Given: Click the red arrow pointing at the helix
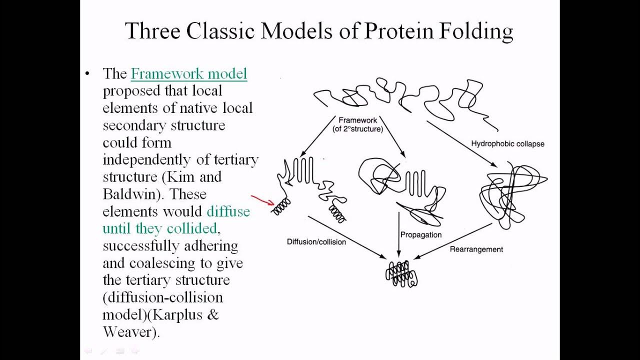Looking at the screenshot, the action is (x=262, y=200).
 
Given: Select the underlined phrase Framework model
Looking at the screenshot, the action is (x=189, y=74).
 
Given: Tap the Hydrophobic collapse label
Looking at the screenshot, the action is (x=507, y=143).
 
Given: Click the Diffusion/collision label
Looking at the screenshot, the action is (x=316, y=242).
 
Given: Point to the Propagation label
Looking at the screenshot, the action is (x=421, y=234).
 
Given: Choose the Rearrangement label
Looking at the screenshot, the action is (x=476, y=249).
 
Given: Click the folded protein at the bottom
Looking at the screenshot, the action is (x=401, y=274).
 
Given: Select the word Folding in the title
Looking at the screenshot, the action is (x=476, y=31).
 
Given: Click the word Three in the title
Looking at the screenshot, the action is (x=152, y=31).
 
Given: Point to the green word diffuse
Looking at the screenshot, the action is (x=228, y=211).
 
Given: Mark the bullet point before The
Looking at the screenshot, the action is (x=88, y=74).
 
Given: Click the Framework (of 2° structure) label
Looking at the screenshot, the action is (x=358, y=124).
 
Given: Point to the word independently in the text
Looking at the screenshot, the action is (x=146, y=159).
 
